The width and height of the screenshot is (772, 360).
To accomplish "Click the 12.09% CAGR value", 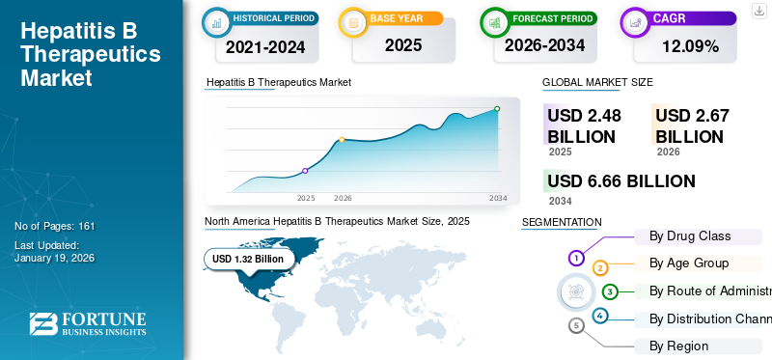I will click(689, 45).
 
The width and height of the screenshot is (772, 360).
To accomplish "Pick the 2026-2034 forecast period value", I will click(545, 45).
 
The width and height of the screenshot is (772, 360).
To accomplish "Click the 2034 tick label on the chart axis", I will click(498, 198).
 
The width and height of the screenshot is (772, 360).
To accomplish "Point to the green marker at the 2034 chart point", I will click(497, 109).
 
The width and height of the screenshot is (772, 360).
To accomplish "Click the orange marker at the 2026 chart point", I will click(342, 140).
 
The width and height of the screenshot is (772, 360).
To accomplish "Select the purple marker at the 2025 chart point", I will click(305, 171).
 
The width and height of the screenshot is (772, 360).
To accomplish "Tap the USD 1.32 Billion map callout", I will click(248, 259).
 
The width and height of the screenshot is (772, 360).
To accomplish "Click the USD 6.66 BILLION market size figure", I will click(620, 181).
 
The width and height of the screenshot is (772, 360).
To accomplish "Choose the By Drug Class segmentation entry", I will click(690, 235).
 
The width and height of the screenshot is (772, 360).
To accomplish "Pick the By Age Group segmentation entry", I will click(689, 263).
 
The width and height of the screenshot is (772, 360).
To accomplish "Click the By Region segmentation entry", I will click(679, 346).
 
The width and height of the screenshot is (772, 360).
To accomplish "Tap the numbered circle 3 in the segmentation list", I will click(610, 291).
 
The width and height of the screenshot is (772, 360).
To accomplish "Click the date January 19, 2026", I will click(55, 259).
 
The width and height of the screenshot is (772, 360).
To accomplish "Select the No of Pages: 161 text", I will click(55, 226).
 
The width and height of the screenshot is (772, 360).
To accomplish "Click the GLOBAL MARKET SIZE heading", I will click(597, 83).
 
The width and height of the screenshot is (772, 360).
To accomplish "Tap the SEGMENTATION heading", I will click(562, 222).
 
